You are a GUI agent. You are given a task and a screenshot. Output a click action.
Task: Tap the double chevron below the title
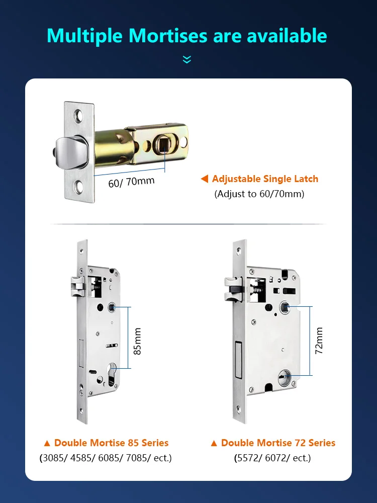pyautogui.click(x=187, y=60)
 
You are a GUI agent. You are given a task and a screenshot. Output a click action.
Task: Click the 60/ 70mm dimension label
pyautogui.click(x=131, y=181)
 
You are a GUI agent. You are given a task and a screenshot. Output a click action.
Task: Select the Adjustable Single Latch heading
pyautogui.click(x=265, y=179)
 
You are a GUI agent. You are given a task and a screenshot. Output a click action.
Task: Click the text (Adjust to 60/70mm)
pyautogui.click(x=259, y=194)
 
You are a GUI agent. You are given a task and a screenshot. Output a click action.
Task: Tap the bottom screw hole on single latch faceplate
pyautogui.click(x=79, y=189)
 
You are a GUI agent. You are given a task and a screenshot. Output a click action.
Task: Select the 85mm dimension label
pyautogui.click(x=137, y=341)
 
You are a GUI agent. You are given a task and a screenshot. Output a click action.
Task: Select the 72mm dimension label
pyautogui.click(x=319, y=340)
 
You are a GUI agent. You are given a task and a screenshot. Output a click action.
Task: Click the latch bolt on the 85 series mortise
pyautogui.click(x=77, y=287)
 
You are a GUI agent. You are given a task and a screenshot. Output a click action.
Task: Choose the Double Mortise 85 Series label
pyautogui.click(x=106, y=443)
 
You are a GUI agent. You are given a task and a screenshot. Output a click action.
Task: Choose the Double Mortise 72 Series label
pyautogui.click(x=273, y=443)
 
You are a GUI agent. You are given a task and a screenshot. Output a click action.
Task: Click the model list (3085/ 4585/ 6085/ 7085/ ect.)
pyautogui.click(x=106, y=458)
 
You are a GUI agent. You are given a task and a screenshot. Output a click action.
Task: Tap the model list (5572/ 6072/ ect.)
pyautogui.click(x=272, y=458)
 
